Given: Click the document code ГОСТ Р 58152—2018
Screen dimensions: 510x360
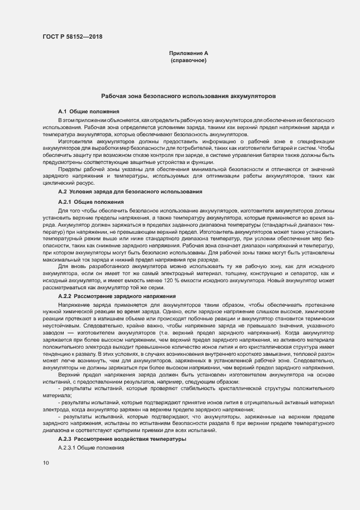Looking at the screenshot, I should (72, 37).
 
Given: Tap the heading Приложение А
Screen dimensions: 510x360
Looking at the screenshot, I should (188, 53).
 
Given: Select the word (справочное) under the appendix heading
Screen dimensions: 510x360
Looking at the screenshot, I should (188, 60).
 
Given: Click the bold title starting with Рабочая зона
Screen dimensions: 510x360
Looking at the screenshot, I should (188, 95).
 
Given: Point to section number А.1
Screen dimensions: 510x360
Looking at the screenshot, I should (62, 111).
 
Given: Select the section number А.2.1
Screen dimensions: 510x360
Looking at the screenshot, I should (65, 202).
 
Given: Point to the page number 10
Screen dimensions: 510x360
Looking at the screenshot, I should (45, 463).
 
